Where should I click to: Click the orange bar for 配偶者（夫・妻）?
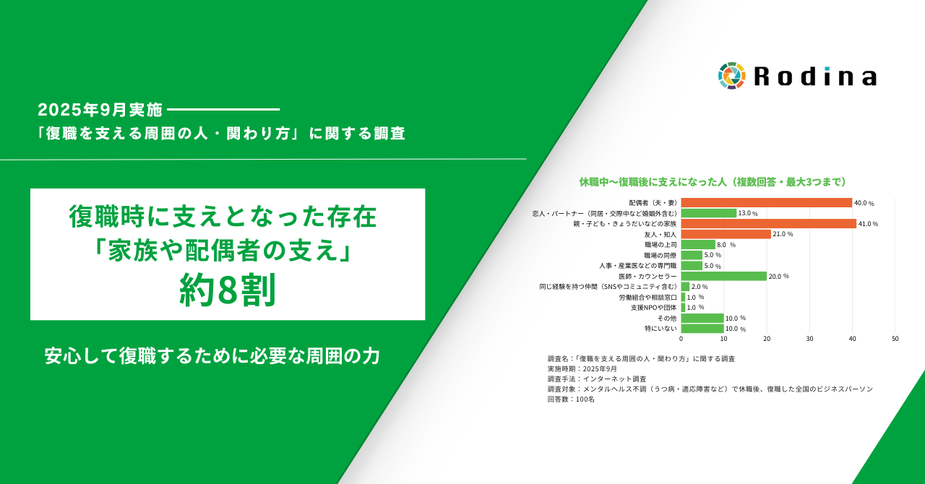(x=766, y=202)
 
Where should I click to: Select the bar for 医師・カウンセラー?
(x=723, y=276)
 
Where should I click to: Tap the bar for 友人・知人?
(x=726, y=234)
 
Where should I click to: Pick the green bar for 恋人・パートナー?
(x=708, y=213)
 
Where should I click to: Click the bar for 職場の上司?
(x=697, y=245)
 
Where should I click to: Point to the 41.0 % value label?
(x=868, y=224)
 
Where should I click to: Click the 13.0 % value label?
(x=748, y=213)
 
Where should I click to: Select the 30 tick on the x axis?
(x=809, y=339)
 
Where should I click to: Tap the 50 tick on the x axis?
(x=895, y=339)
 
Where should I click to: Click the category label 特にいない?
(x=661, y=329)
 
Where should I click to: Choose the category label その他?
(x=666, y=318)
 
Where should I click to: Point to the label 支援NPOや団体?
(x=653, y=308)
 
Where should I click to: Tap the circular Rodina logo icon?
(x=731, y=76)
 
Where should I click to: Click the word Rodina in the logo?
(x=815, y=77)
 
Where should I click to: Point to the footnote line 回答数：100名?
(x=571, y=399)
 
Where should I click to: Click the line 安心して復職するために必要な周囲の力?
(x=212, y=355)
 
